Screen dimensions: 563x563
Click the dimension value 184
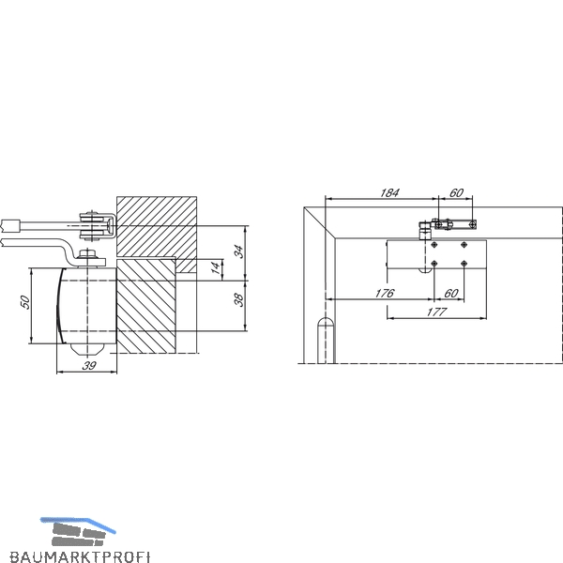(x=389, y=192)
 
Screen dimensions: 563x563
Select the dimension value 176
(x=384, y=294)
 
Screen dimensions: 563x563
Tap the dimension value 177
(x=436, y=312)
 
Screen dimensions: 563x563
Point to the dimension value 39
(x=89, y=366)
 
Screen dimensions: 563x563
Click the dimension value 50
(x=25, y=301)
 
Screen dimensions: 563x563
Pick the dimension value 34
(x=238, y=251)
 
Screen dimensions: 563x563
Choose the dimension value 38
(x=238, y=299)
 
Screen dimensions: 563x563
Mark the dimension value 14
(x=215, y=267)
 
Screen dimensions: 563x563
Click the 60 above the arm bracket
(x=456, y=192)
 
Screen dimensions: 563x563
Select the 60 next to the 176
(x=451, y=294)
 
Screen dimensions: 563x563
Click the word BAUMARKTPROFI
(x=80, y=556)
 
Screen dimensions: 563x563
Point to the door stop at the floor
(x=326, y=341)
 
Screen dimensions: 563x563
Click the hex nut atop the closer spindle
(x=87, y=254)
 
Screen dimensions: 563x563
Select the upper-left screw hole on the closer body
(x=434, y=245)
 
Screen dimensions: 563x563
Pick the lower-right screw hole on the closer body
(x=464, y=264)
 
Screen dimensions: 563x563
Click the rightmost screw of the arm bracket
(x=473, y=225)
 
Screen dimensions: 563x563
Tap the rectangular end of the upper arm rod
(x=10, y=225)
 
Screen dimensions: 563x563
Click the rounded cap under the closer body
(x=87, y=349)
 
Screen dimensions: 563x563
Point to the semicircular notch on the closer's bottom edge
(x=425, y=270)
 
